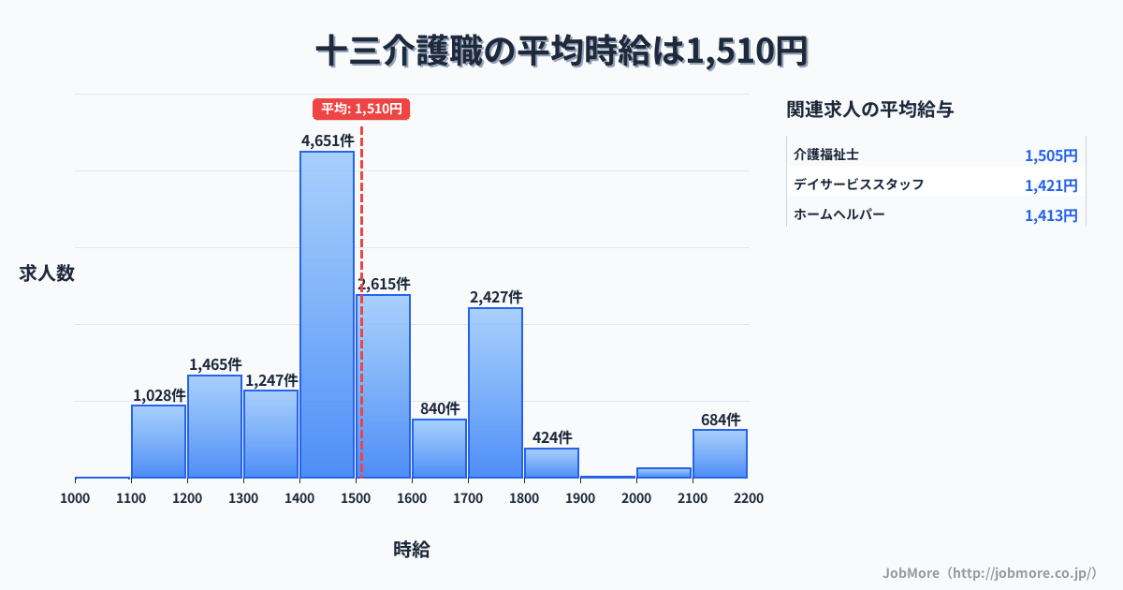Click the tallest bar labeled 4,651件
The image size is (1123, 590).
[327, 314]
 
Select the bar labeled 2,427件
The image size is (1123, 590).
[495, 392]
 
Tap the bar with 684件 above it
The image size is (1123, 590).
[720, 453]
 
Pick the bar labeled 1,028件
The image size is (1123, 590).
[158, 441]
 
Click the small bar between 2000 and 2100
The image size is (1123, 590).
[664, 472]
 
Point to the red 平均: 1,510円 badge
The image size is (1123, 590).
[361, 109]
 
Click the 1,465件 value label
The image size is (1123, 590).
[215, 364]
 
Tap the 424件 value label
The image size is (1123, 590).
[552, 437]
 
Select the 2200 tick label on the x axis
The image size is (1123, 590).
[749, 498]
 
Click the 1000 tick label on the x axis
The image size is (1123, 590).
[75, 498]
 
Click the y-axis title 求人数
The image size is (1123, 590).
[47, 273]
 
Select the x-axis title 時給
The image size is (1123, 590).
[412, 550]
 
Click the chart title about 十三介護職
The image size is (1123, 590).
[561, 52]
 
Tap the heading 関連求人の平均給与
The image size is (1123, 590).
[870, 110]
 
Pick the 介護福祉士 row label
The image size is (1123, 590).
[826, 154]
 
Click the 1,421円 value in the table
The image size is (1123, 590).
[1051, 185]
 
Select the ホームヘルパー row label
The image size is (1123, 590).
[839, 214]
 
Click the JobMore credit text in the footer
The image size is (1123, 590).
[989, 572]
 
